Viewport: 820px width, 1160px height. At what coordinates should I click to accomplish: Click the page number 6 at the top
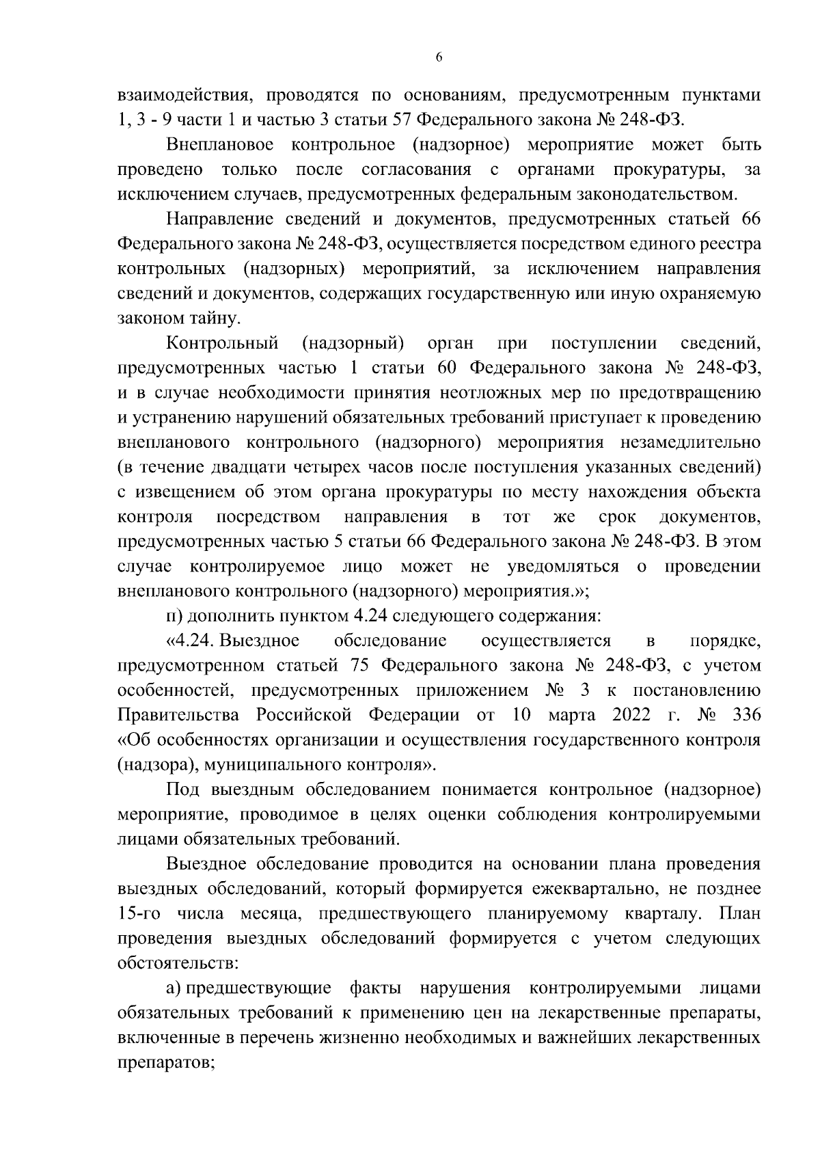(439, 57)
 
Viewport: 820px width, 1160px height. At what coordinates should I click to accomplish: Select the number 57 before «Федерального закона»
(403, 120)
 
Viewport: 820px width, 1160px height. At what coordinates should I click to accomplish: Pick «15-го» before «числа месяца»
(141, 914)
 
